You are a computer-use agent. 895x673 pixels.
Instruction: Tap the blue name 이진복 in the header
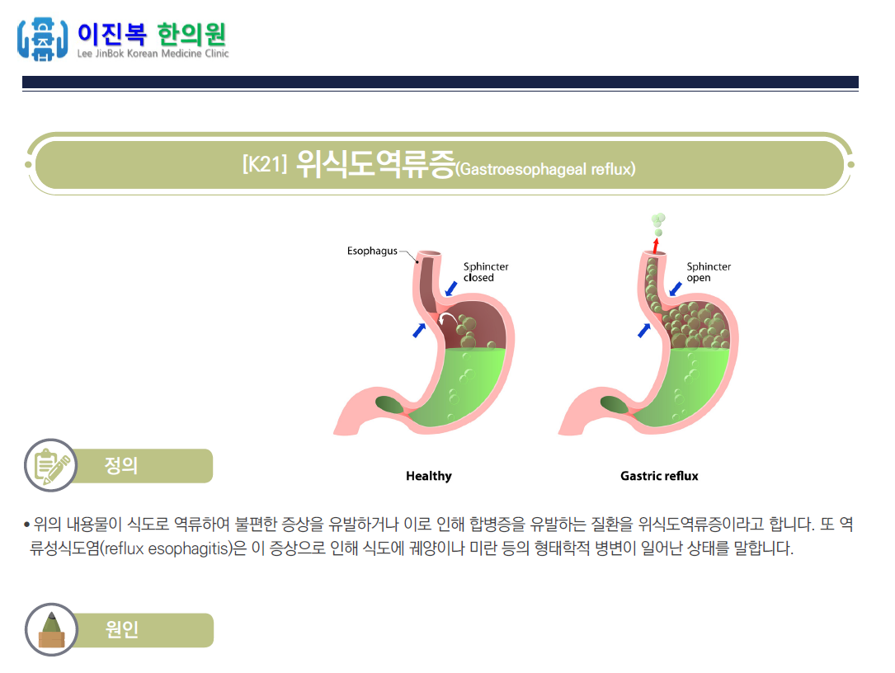coord(111,35)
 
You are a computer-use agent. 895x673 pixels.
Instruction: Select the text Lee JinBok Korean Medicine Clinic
coord(153,54)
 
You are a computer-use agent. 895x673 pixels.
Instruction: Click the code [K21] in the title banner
coord(264,164)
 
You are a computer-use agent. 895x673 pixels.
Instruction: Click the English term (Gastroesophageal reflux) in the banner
coord(546,169)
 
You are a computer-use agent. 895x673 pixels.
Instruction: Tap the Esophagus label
coord(372,251)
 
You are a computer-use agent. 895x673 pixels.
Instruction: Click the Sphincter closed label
coord(485,272)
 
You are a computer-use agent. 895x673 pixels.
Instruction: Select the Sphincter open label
coord(709,272)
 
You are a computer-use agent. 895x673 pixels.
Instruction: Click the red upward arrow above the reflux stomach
coord(656,245)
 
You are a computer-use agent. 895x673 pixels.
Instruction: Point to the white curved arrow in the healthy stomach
coord(449,318)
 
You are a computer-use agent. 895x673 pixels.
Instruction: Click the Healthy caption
coord(429,476)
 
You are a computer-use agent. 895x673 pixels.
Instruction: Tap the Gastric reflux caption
coord(659,476)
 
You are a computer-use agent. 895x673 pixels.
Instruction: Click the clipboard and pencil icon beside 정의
coord(49,466)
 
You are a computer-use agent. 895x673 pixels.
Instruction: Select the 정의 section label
coord(121,466)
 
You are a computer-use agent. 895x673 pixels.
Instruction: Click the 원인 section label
coord(122,630)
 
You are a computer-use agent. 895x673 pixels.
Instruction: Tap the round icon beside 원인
coord(50,630)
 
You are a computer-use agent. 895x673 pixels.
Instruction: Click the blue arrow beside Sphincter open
coord(676,289)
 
